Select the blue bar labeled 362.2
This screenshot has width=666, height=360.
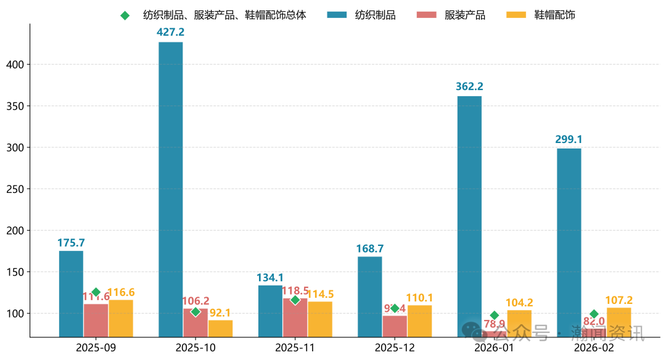coord(469,216)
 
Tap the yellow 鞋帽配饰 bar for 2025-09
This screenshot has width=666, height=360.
coord(121,318)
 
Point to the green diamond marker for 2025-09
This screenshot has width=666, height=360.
coord(96,292)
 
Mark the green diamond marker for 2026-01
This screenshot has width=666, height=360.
coord(494,315)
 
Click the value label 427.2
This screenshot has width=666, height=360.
coord(171,32)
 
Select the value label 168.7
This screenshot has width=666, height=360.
coord(370,248)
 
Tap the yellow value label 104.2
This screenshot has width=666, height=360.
coord(519,302)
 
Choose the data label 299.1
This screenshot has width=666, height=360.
coord(569,139)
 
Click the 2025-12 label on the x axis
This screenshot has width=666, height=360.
coord(395,347)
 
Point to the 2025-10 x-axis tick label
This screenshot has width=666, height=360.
coord(195,347)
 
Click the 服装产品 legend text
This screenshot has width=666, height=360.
coord(465,15)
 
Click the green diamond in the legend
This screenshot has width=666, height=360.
coord(125,15)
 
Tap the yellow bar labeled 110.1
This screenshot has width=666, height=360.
coord(419,321)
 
